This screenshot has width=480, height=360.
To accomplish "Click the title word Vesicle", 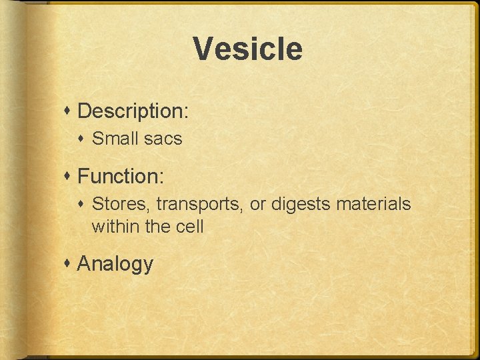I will (x=247, y=49).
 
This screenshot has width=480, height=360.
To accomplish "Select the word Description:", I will (x=133, y=111).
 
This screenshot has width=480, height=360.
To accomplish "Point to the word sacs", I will (x=163, y=139).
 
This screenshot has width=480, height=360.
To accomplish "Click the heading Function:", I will (x=121, y=176).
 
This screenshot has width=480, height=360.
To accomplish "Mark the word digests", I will (x=301, y=204).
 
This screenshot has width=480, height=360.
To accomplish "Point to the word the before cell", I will (x=157, y=227).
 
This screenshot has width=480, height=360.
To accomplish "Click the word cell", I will (x=189, y=227).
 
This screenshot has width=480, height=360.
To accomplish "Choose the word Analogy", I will (x=115, y=264).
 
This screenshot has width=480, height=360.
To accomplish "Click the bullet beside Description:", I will (x=69, y=111).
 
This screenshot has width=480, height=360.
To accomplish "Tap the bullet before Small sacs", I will (x=84, y=139).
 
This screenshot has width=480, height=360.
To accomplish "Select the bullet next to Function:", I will (x=69, y=176).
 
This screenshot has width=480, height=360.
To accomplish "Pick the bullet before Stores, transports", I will (x=84, y=204).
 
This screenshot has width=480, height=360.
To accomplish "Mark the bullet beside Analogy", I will (x=69, y=263).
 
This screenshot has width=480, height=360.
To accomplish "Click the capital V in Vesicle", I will (x=203, y=49).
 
